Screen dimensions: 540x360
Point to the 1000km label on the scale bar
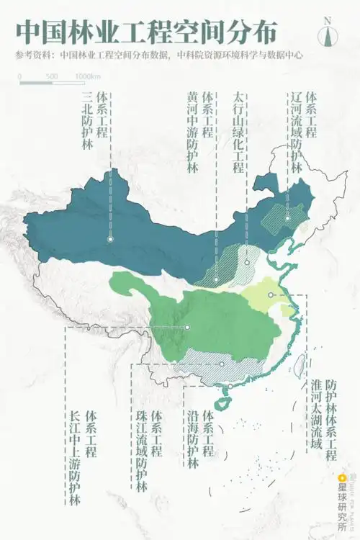(88, 76)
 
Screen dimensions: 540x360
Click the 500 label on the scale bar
(52, 76)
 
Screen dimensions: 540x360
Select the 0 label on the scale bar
(20, 76)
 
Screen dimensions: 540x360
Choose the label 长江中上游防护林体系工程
(82, 457)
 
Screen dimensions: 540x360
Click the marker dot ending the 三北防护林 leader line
(110, 238)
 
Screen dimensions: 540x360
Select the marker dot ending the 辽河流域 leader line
(287, 218)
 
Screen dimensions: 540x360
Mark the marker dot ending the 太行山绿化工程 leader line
(247, 262)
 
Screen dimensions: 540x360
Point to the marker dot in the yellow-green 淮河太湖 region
(271, 294)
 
